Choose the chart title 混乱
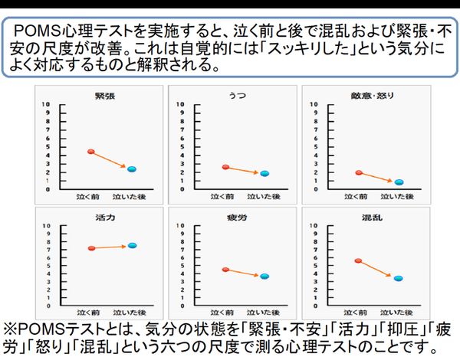(x=370, y=218)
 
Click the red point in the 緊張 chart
(x=90, y=152)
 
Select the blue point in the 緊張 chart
(x=131, y=169)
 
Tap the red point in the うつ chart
(x=225, y=167)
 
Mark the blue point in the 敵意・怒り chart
(x=399, y=182)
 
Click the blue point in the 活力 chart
(x=132, y=245)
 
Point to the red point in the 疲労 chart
(x=225, y=270)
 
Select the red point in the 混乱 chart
(x=358, y=261)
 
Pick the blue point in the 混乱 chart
(x=399, y=278)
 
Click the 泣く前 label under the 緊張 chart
(x=89, y=197)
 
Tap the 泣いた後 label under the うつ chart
(x=264, y=197)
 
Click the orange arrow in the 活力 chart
(x=111, y=247)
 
